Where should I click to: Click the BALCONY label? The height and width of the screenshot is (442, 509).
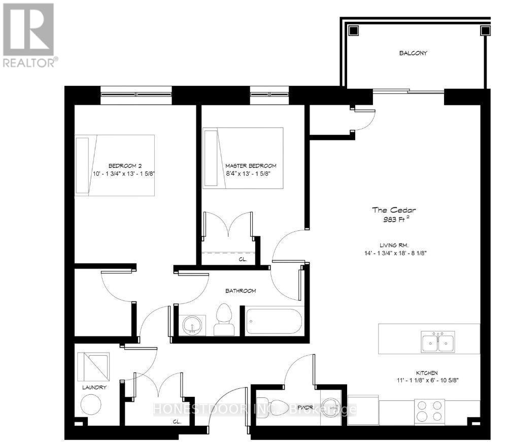click(x=413, y=52)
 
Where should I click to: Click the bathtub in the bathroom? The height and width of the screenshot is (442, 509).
click(x=274, y=321)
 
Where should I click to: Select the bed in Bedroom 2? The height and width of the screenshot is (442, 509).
click(x=115, y=165)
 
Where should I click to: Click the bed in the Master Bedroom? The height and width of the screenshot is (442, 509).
click(x=243, y=158)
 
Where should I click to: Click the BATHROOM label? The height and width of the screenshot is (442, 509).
click(x=241, y=291)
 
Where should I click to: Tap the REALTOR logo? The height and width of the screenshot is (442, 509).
click(x=29, y=36)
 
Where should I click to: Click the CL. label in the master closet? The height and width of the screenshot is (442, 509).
click(x=243, y=259)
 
